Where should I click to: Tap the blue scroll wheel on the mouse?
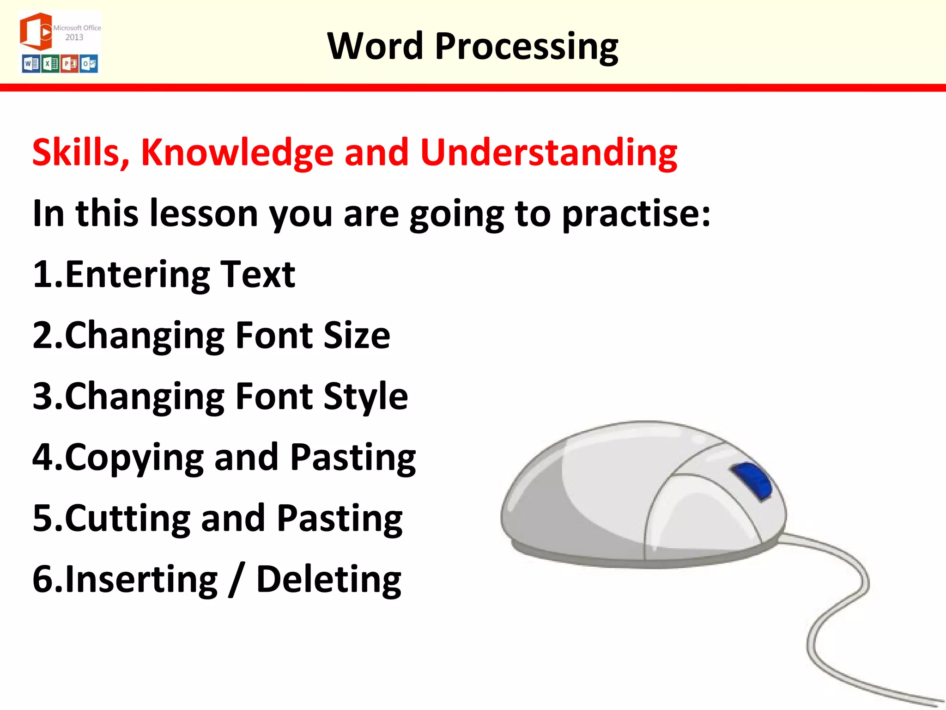coord(752,481)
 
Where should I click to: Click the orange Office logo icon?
coord(36,31)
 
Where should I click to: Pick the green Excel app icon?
coord(50,64)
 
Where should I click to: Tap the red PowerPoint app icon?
coord(70,64)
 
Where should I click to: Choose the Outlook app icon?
coord(89,64)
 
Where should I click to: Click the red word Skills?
coord(81,153)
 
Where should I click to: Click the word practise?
coord(636,214)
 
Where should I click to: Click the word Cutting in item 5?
coord(127,519)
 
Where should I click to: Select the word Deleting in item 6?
coord(328,580)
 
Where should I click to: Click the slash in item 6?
coord(236,580)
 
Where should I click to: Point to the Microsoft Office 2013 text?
coord(77,32)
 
